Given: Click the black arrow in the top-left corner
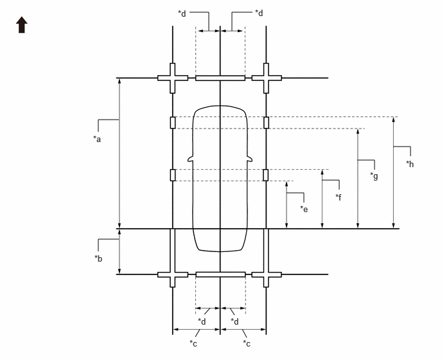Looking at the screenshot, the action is click(x=22, y=25).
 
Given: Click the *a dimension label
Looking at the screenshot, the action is click(x=97, y=139).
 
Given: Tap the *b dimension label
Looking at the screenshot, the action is click(x=98, y=258).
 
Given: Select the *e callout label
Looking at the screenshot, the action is click(x=304, y=209).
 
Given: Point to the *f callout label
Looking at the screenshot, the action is click(x=339, y=197).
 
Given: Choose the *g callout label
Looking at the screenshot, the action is click(x=374, y=176).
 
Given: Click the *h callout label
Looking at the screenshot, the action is click(x=410, y=164).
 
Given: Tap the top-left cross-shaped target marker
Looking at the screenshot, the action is click(x=173, y=78).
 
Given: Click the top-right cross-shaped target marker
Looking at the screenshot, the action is click(x=266, y=78).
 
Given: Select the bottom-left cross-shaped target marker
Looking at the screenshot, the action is click(x=173, y=274).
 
